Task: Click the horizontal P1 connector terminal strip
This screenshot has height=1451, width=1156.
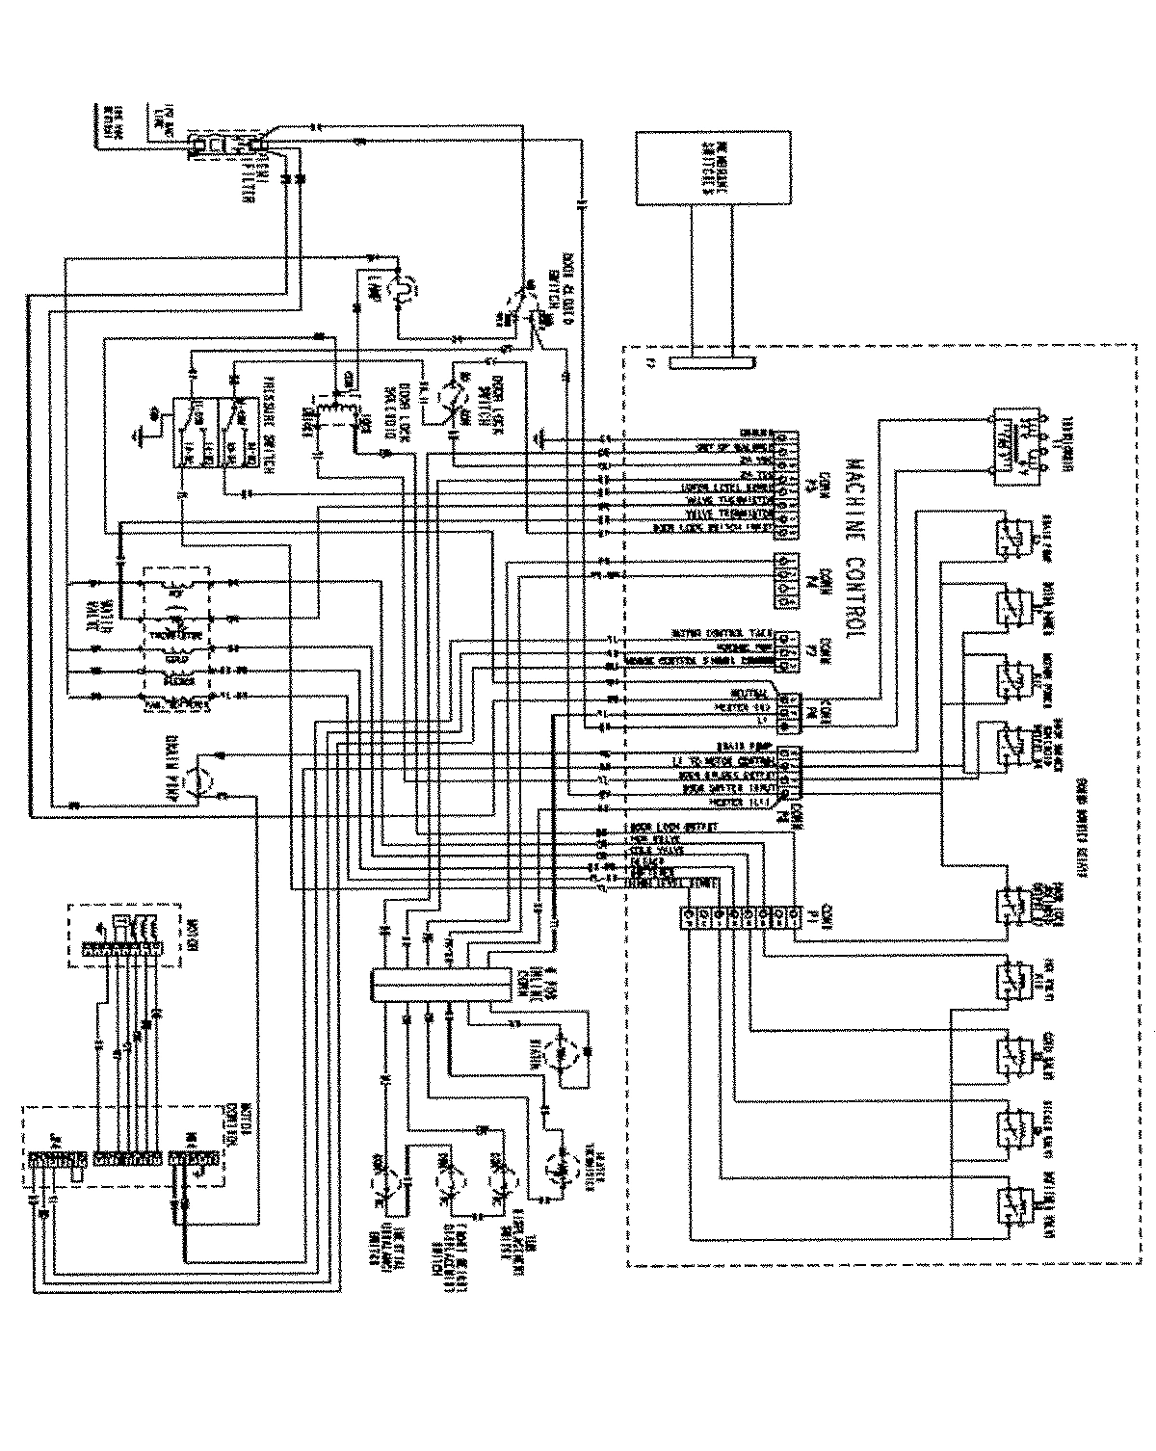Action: tap(738, 916)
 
